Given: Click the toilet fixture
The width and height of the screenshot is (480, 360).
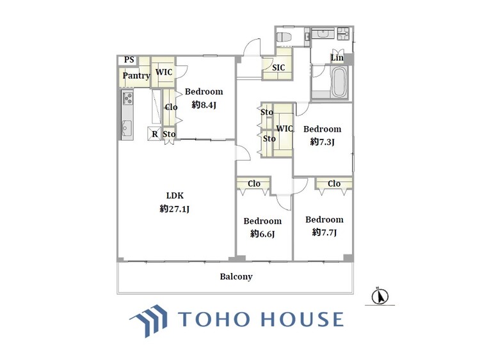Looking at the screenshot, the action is tap(284, 36).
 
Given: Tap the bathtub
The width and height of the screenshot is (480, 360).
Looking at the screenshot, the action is tap(339, 82).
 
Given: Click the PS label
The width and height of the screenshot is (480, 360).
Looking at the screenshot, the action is tap(129, 59).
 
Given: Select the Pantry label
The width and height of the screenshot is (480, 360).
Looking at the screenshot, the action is tap(136, 75).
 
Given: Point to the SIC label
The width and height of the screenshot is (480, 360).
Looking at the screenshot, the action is tap(278, 68).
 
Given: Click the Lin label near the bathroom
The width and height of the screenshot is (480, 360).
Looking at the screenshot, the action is tap(337, 58).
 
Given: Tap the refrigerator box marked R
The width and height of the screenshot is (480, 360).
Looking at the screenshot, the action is tap(154, 134).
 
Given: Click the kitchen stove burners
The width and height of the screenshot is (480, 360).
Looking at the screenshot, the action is tap(127, 98).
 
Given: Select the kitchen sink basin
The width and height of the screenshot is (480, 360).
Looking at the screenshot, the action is tap(127, 128).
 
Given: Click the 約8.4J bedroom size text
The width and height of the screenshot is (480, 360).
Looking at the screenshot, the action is tap(204, 105).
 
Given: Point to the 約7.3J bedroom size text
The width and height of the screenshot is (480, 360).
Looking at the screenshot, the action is tap(322, 142).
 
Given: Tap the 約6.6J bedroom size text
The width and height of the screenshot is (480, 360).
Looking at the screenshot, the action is tap(262, 234).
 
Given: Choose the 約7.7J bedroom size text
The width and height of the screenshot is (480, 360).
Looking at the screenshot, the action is tap(324, 233).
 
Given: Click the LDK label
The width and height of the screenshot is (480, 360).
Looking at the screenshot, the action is tap(175, 196).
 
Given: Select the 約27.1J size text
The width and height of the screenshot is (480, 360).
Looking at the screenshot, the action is tap(175, 209).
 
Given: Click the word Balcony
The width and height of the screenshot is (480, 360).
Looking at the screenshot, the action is tap(236, 277).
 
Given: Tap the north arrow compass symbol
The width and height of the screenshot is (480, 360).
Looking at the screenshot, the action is tap(380, 296).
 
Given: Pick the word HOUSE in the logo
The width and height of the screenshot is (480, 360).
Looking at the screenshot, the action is tap(302, 319).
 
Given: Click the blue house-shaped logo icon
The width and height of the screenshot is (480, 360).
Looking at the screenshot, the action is tap(149, 320).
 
